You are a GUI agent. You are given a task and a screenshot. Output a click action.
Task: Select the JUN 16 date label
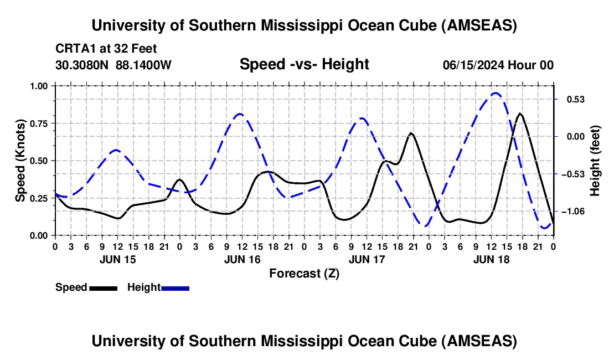[x=242, y=259]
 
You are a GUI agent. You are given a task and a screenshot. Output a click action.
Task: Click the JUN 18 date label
[x=491, y=259]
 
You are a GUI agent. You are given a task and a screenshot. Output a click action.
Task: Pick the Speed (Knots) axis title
[x=20, y=161]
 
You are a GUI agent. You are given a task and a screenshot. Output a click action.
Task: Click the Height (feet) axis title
[x=595, y=161]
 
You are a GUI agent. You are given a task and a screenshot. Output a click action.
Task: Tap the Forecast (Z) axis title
[x=304, y=273]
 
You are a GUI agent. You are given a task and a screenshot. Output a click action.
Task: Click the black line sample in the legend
[x=103, y=287]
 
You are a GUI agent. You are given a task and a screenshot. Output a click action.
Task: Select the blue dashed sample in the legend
[x=175, y=287]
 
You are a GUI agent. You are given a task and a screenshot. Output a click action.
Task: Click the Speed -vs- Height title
[x=304, y=64]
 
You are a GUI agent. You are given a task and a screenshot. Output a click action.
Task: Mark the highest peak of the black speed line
[x=519, y=114]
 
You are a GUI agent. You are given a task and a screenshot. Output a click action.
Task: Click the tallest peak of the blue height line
[x=496, y=93]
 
